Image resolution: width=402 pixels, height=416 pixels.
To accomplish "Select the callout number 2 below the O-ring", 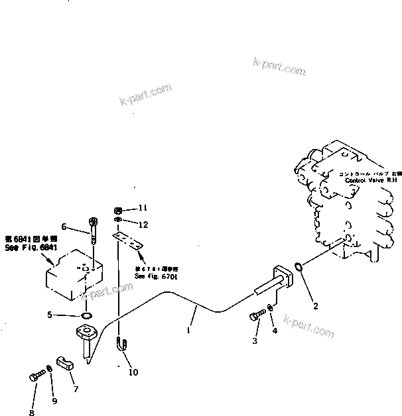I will (x=315, y=306).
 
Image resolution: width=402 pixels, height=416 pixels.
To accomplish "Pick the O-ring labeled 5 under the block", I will (x=86, y=315).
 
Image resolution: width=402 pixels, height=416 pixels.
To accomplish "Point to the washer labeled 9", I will (x=51, y=369).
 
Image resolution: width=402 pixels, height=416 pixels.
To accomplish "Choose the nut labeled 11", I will (x=117, y=209).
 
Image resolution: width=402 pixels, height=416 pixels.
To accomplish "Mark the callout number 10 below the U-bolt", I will (x=133, y=372).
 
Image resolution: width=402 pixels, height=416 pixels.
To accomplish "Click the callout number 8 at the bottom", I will (x=31, y=413).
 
